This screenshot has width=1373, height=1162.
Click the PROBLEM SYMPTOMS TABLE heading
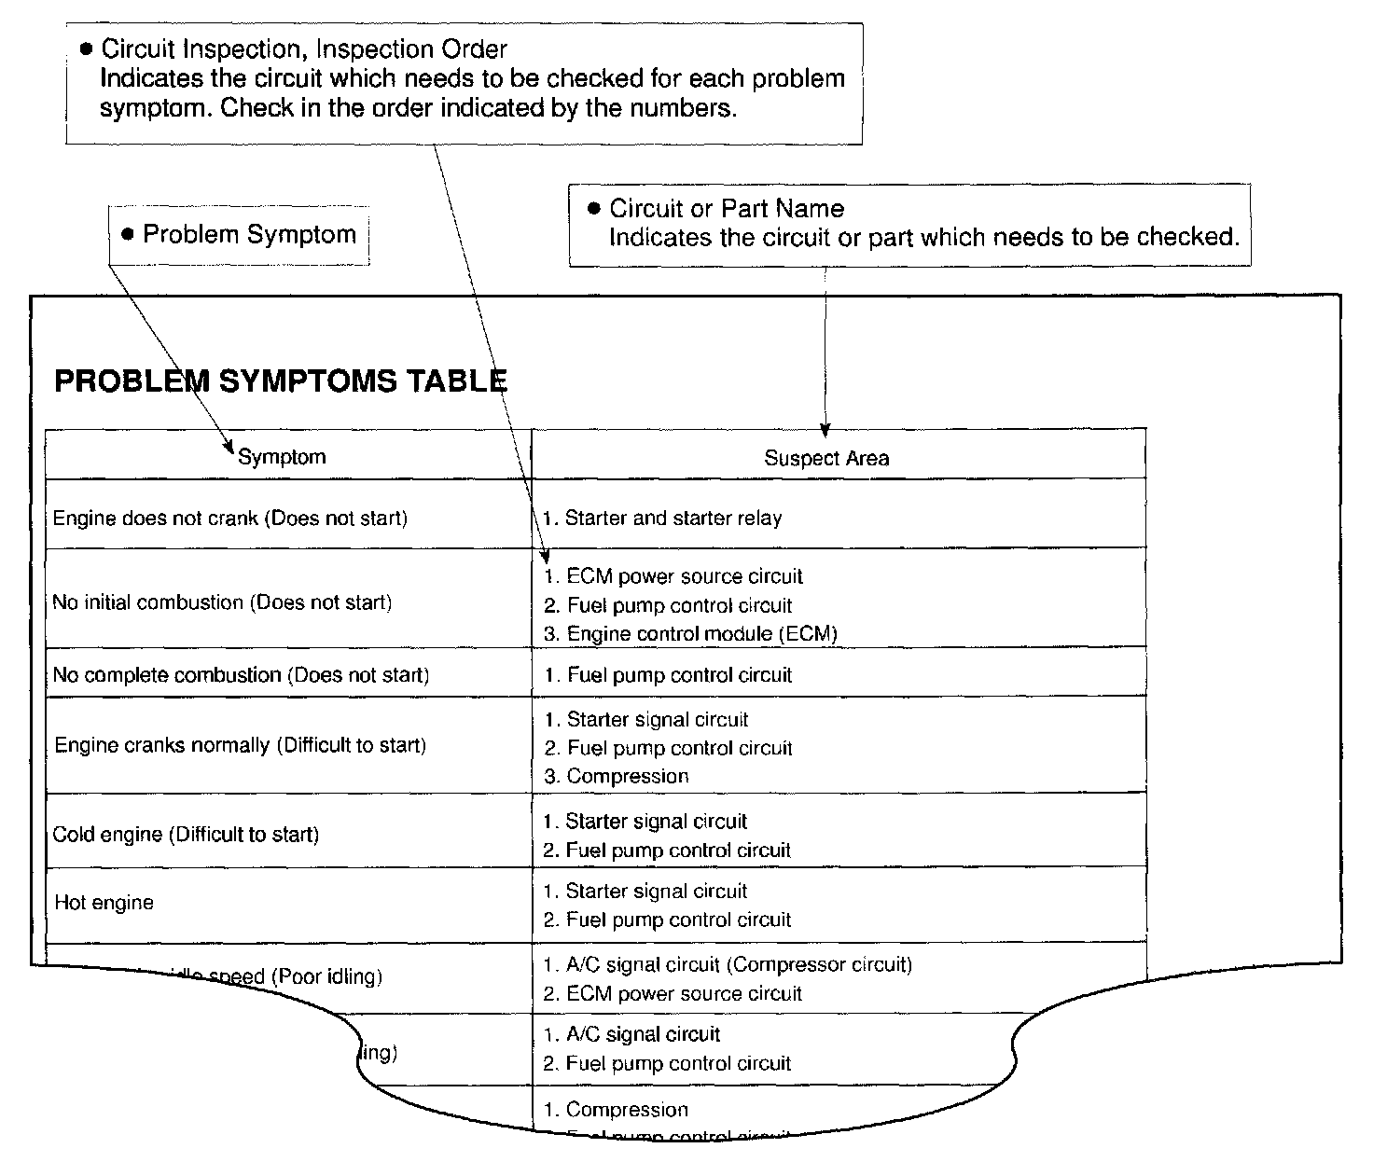[x=281, y=381]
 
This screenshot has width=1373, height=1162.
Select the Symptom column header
[x=282, y=457]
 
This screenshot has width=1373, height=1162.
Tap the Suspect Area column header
[x=826, y=458]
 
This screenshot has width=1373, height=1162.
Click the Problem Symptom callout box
[x=239, y=235]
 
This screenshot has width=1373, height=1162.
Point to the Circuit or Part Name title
[x=726, y=209]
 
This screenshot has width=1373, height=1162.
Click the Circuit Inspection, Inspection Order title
[x=304, y=49]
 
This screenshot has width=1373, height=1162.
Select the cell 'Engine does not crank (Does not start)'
[x=230, y=519]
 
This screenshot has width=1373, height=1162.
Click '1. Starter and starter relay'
[x=663, y=519]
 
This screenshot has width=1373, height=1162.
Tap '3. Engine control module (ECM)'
[x=690, y=634]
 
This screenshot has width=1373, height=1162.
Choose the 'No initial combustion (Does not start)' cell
[x=222, y=602]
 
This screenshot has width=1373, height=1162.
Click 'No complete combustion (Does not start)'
[x=241, y=675]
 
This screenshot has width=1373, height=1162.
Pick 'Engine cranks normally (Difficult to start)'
[x=240, y=745]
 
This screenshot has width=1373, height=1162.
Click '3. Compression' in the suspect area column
[x=617, y=777]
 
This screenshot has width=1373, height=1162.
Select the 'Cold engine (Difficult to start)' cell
[x=186, y=835]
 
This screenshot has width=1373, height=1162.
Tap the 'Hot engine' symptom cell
[x=104, y=903]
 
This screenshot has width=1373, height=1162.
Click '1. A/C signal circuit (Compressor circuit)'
[x=728, y=965]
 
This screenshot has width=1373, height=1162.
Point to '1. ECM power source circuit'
[x=673, y=576]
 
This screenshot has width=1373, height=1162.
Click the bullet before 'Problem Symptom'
[x=129, y=234]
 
